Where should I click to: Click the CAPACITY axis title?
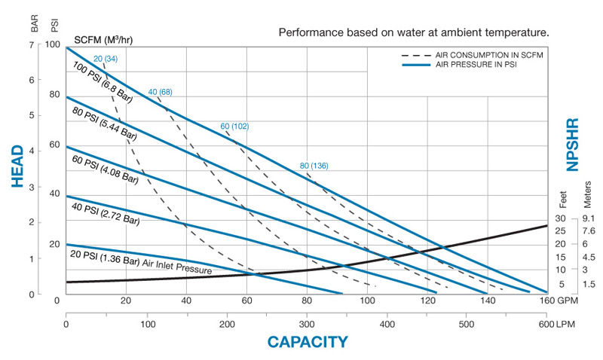(x=308, y=341)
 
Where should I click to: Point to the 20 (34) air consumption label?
(x=106, y=59)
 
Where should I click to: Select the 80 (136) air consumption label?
(x=314, y=166)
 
